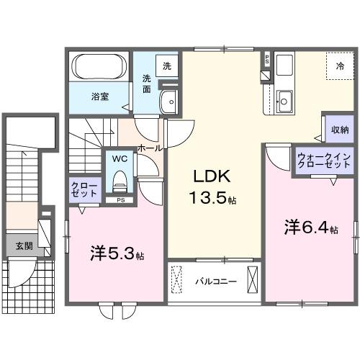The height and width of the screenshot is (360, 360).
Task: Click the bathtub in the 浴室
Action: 99,66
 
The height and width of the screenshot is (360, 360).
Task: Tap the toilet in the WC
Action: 120,181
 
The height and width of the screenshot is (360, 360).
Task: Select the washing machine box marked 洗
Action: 167,66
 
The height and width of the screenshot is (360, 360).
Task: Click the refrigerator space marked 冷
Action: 340,66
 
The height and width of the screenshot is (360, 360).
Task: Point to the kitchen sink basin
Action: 284,102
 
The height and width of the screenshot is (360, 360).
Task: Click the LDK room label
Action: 212,176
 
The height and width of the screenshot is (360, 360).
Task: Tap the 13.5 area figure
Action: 208,198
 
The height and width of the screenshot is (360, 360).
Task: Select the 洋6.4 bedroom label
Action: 311,228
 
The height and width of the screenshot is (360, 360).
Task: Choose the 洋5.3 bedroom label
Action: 117,253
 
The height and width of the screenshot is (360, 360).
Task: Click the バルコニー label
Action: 216,282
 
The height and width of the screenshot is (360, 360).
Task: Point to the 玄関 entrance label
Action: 24,246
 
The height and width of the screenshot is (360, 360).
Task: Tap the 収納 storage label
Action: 340,130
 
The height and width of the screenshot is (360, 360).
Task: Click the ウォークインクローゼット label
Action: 324,161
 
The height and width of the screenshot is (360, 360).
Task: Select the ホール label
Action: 150,148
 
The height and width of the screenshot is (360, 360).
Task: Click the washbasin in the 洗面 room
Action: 168,102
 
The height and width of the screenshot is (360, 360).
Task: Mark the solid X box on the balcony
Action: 253,279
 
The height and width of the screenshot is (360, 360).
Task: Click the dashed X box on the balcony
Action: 176,279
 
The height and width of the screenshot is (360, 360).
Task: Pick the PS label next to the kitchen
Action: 267,60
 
